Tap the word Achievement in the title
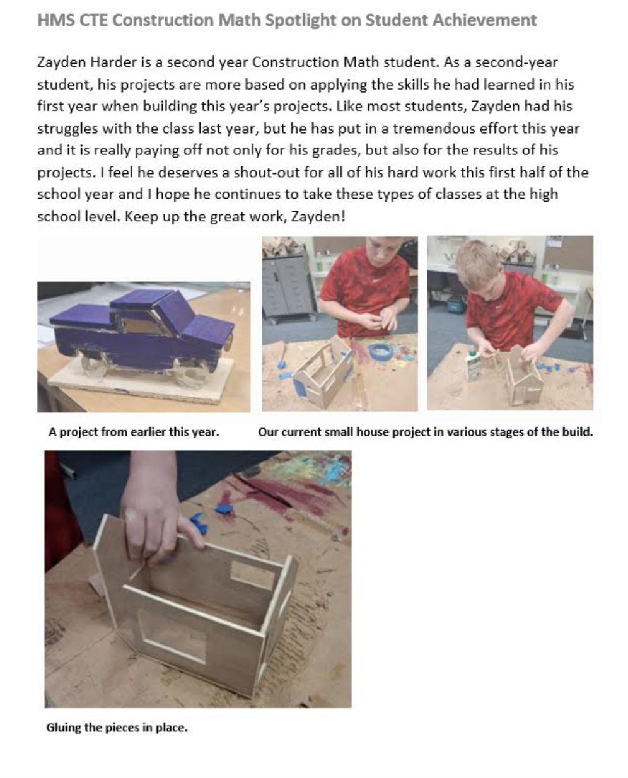click(484, 20)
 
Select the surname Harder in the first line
click(113, 62)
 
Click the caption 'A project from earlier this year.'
click(134, 432)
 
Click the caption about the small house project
click(425, 432)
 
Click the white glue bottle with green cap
click(472, 364)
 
